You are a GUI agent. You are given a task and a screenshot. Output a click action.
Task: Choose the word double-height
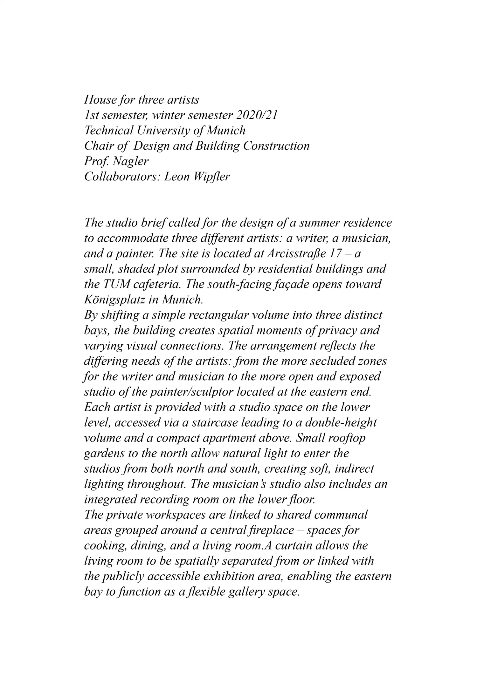(341, 423)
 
